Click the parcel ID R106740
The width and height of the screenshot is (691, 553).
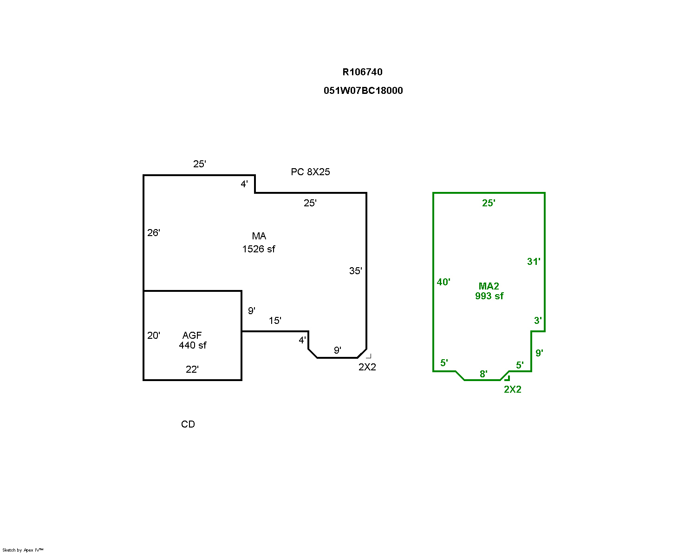pos(362,72)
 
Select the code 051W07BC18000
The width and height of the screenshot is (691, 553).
pos(363,91)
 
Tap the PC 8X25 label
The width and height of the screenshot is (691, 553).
pos(310,172)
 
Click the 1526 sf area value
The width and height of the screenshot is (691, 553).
pos(259,249)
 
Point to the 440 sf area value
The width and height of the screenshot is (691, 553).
pos(193,345)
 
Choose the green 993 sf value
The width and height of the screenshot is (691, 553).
pos(489,296)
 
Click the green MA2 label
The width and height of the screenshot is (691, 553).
pos(489,286)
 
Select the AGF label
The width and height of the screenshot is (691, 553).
pos(192,335)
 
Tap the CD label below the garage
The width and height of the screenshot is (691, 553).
pos(188,424)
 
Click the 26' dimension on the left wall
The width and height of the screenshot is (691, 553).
pos(154,233)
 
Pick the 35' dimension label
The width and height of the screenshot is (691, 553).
pos(355,271)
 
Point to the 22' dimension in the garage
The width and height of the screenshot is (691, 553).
pos(192,369)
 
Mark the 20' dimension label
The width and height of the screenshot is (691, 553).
pos(154,335)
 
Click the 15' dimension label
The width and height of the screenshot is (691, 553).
pos(275,321)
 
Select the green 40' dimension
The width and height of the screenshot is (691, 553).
pos(443,282)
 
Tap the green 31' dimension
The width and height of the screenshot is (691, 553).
pos(534,262)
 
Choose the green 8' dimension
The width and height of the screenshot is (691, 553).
pos(483,374)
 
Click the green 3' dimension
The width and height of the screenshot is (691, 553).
pos(538,321)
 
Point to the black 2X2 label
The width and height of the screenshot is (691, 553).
pos(367,367)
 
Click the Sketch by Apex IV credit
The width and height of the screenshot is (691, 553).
pos(23,550)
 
